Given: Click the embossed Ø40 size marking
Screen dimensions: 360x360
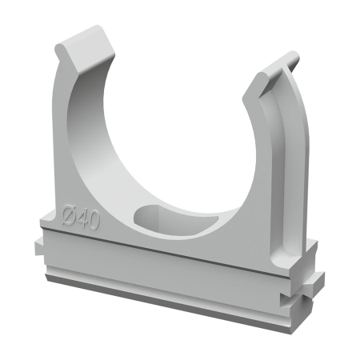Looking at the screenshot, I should point(82,218).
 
